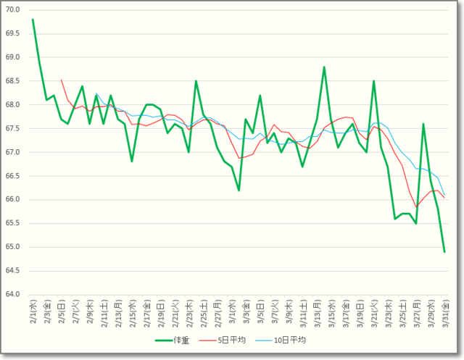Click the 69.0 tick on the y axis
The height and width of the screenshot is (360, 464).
pos(14,57)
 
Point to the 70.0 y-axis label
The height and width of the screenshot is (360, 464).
pos(14,9)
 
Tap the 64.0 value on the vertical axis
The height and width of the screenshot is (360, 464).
pos(14,295)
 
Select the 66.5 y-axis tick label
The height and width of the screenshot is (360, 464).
pos(14,176)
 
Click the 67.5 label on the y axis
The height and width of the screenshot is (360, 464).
pos(14,128)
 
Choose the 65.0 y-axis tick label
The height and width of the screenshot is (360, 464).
pos(14,247)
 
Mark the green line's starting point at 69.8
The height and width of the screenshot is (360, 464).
pos(33,20)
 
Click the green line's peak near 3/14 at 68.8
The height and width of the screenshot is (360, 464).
pos(324,67)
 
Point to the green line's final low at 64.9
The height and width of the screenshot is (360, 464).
pos(444,252)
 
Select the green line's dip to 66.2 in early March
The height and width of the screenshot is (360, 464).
pos(239,191)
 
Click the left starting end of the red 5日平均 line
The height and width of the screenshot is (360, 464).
pos(61,80)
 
